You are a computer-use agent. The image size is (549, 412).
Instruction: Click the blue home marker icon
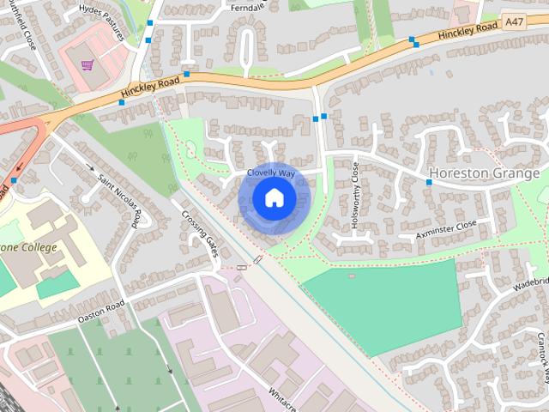(274, 198)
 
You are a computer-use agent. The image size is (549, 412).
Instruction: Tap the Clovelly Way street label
(270, 173)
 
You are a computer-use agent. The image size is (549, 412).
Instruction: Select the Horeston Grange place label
(484, 173)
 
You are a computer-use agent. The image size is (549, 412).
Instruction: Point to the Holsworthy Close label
(356, 192)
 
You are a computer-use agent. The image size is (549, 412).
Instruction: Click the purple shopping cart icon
(87, 64)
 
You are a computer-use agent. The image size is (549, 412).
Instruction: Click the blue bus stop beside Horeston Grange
(428, 182)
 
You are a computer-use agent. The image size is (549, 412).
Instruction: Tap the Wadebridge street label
(532, 282)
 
